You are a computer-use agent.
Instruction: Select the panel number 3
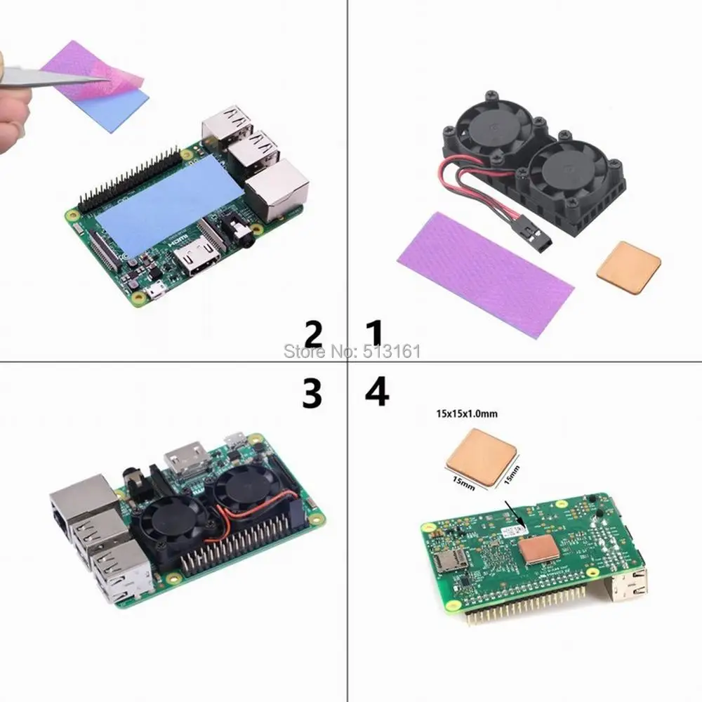tap(312, 395)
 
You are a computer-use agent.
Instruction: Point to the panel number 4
tap(377, 393)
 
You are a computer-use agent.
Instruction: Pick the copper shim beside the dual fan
tap(628, 267)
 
